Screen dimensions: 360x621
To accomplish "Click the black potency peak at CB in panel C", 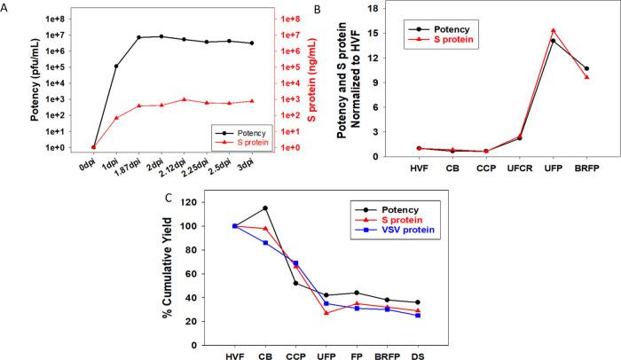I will [x=265, y=208].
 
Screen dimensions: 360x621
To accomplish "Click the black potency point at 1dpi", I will [x=116, y=67].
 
